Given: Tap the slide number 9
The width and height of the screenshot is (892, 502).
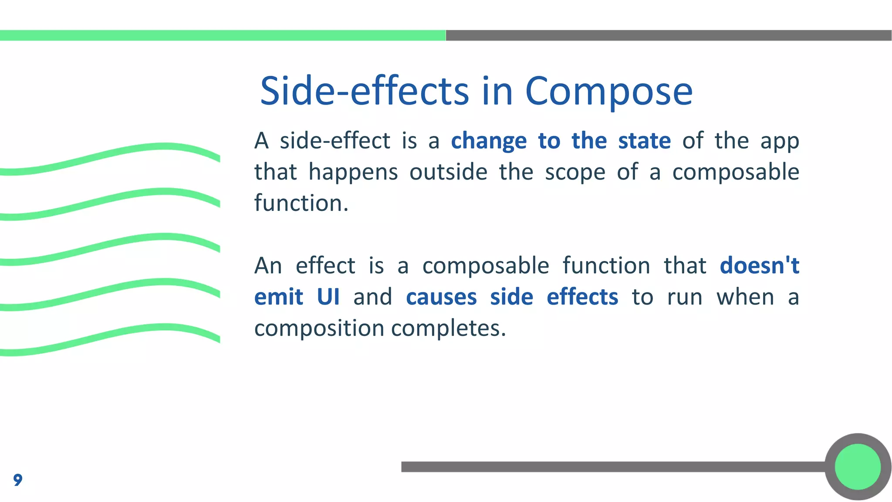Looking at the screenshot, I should pyautogui.click(x=17, y=480).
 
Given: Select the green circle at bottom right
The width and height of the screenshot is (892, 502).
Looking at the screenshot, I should pyautogui.click(x=858, y=467).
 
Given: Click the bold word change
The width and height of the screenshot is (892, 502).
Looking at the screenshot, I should pyautogui.click(x=489, y=141).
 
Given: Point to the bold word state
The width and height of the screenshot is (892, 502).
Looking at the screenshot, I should pyautogui.click(x=644, y=141).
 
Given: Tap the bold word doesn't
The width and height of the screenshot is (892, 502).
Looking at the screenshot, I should pyautogui.click(x=759, y=265).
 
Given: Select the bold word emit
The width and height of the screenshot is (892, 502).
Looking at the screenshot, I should pyautogui.click(x=278, y=297).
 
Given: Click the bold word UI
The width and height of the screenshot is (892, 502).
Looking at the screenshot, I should pyautogui.click(x=328, y=297).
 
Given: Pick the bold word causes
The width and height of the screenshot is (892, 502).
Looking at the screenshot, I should pyautogui.click(x=441, y=297).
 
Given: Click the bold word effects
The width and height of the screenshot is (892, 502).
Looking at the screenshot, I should pyautogui.click(x=582, y=297).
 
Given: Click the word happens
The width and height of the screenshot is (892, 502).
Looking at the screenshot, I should pyautogui.click(x=353, y=172).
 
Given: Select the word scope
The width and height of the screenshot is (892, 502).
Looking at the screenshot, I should pyautogui.click(x=575, y=172).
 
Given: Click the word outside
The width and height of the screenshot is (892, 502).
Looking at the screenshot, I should pyautogui.click(x=448, y=172).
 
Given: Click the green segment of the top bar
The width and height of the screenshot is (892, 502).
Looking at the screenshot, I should pyautogui.click(x=222, y=35).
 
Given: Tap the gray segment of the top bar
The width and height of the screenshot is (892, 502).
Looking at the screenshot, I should pyautogui.click(x=669, y=35).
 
